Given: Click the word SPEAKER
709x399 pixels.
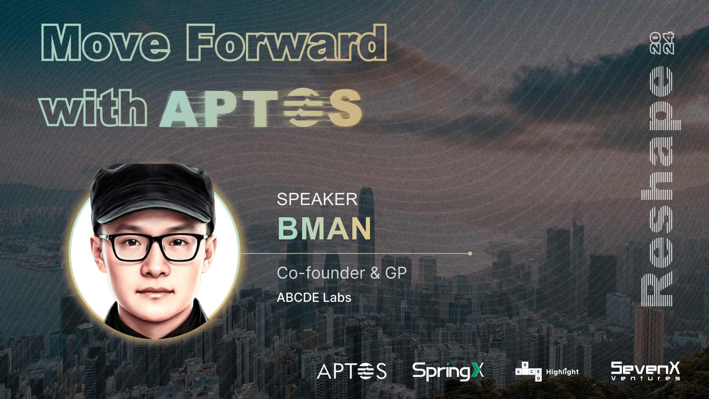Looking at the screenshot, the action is pyautogui.click(x=317, y=199).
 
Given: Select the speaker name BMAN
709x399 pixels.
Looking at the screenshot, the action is pyautogui.click(x=324, y=228).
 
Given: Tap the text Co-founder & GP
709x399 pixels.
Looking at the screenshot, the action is pyautogui.click(x=342, y=273).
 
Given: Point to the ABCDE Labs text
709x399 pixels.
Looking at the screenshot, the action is pyautogui.click(x=314, y=297).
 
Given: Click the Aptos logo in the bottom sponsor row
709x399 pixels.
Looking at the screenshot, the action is pyautogui.click(x=352, y=371).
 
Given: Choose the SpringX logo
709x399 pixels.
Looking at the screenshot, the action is pyautogui.click(x=448, y=371).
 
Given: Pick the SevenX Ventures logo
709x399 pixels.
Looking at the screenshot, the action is pyautogui.click(x=645, y=371).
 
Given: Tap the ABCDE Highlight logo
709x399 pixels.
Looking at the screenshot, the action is pyautogui.click(x=547, y=372).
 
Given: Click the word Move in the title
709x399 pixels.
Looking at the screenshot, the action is pyautogui.click(x=106, y=43).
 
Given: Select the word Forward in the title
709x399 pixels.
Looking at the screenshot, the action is pyautogui.click(x=287, y=42).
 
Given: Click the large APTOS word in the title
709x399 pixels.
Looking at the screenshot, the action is pyautogui.click(x=261, y=108).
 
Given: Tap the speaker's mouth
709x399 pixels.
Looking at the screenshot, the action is pyautogui.click(x=156, y=291).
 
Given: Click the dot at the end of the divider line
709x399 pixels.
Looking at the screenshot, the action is pyautogui.click(x=470, y=253).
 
